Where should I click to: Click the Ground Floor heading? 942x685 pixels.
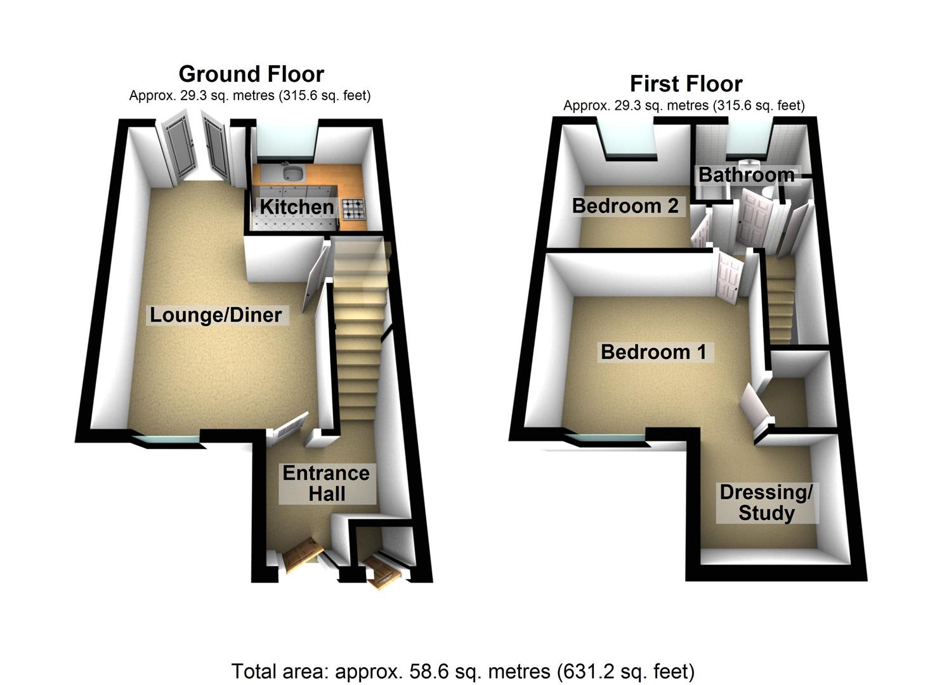[x=251, y=74]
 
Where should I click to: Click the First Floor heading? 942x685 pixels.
[x=686, y=84]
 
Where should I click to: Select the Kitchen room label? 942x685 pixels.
[x=296, y=207]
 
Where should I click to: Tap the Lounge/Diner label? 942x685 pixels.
[x=216, y=315]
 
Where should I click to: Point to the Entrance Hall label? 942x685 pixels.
[x=326, y=483]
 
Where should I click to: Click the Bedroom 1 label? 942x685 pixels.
[x=653, y=351]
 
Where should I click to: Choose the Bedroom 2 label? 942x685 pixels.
[x=625, y=205]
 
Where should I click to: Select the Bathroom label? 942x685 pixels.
[x=746, y=174]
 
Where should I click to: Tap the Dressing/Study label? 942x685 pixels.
[x=766, y=502]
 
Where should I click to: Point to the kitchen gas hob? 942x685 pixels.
[x=354, y=207]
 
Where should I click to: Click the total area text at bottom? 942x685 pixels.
[x=462, y=670]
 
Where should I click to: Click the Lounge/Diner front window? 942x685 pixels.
[x=166, y=438]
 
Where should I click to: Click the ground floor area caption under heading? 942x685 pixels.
[x=249, y=96]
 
